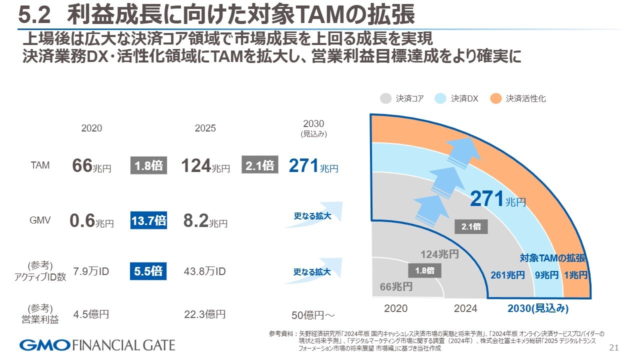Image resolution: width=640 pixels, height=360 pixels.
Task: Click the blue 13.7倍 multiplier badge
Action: (x=148, y=220)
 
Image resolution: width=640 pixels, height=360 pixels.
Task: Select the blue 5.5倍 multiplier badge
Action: (x=148, y=271)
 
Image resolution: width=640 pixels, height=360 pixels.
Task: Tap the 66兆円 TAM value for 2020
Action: (x=91, y=166)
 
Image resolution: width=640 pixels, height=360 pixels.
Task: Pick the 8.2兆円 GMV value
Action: (x=205, y=221)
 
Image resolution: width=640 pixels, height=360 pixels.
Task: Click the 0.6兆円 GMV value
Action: (x=91, y=221)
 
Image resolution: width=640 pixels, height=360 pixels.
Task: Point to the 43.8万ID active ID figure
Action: (x=204, y=271)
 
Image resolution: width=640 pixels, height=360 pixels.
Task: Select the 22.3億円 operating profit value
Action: (x=204, y=314)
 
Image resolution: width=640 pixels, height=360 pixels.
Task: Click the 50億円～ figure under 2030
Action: (x=313, y=315)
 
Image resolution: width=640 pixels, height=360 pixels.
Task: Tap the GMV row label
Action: (x=40, y=220)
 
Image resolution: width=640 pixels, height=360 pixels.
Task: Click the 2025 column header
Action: (x=205, y=128)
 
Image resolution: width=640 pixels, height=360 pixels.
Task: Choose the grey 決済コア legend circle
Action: (x=385, y=98)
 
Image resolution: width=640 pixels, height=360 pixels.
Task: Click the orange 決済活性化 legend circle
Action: (x=495, y=98)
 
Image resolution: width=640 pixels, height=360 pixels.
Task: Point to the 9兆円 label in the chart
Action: (x=546, y=275)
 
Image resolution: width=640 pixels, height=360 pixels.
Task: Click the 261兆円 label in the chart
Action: (x=507, y=275)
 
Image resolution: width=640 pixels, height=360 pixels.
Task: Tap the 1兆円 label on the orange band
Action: (x=575, y=275)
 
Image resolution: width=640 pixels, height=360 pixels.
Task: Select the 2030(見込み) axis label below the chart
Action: (x=538, y=308)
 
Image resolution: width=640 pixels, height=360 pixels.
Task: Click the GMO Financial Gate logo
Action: (x=97, y=345)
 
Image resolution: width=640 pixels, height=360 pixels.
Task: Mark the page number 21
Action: (x=614, y=347)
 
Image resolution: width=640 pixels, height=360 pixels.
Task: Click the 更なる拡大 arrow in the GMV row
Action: (x=313, y=216)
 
